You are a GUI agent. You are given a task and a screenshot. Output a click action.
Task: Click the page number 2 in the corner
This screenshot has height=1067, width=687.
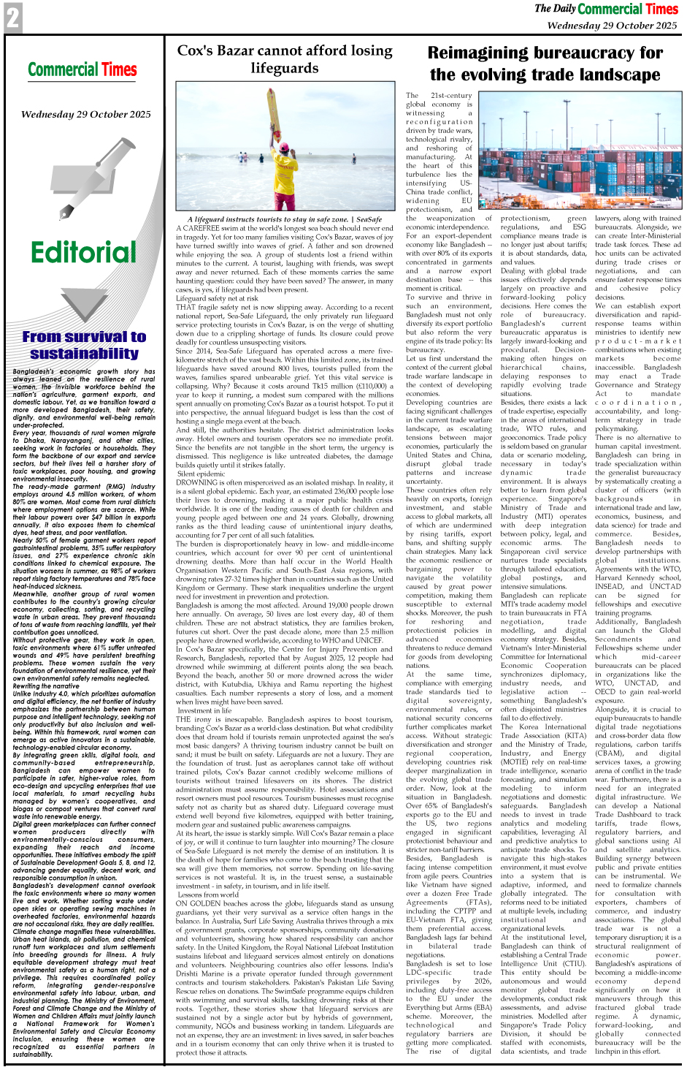(12, 18)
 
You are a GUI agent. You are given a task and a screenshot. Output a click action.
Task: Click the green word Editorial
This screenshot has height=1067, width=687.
(83, 253)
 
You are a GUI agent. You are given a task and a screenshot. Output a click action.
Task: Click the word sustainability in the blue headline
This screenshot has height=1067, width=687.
(84, 354)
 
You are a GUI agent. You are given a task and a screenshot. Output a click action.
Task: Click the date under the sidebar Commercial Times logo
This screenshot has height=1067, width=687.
(85, 114)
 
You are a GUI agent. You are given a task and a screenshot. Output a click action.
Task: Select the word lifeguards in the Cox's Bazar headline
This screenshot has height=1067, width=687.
(285, 69)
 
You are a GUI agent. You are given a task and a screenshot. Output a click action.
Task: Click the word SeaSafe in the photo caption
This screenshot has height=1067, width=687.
(369, 219)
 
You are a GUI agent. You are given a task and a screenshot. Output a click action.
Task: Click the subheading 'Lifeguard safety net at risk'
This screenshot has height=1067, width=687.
(217, 298)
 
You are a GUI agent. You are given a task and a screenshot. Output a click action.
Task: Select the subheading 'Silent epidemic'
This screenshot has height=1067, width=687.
(202, 474)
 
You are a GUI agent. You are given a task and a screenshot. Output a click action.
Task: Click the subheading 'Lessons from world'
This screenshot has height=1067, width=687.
(208, 895)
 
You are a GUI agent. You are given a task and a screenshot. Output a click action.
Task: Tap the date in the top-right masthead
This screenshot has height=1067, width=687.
(612, 25)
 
